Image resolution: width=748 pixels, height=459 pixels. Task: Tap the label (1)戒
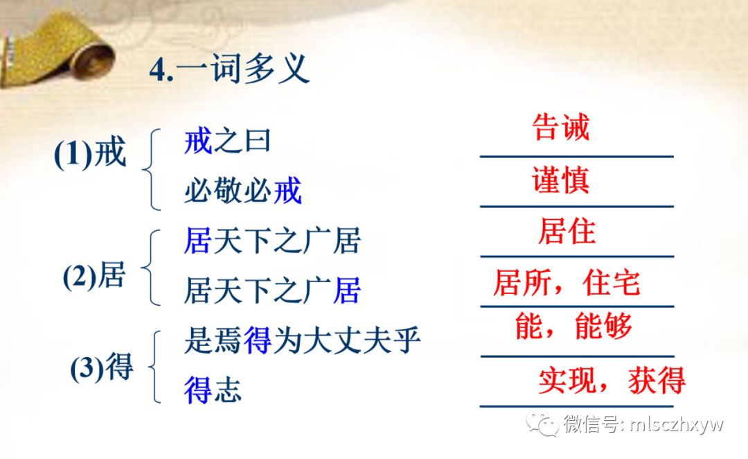(x=90, y=153)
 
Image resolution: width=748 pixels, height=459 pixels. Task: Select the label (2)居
(x=94, y=275)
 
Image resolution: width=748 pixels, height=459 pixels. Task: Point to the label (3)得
(x=102, y=367)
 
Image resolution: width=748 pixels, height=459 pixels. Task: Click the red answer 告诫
(x=561, y=128)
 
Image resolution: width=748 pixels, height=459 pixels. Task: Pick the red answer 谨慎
(x=560, y=180)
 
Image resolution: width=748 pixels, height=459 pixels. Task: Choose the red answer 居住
(x=567, y=231)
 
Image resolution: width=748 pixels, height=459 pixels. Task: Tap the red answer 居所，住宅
(x=567, y=282)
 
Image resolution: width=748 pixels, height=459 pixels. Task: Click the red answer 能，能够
(x=574, y=326)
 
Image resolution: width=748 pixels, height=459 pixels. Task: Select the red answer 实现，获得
(x=612, y=380)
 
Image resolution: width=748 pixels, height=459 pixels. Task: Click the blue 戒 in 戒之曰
(x=198, y=141)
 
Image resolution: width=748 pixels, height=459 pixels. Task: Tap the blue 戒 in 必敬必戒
(x=287, y=190)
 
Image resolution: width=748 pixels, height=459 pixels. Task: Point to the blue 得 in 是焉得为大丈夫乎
(x=258, y=340)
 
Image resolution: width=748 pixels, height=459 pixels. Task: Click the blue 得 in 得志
(x=198, y=390)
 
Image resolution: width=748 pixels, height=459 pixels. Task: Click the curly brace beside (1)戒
(x=149, y=169)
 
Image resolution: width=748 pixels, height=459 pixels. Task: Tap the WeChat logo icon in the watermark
(x=542, y=424)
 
